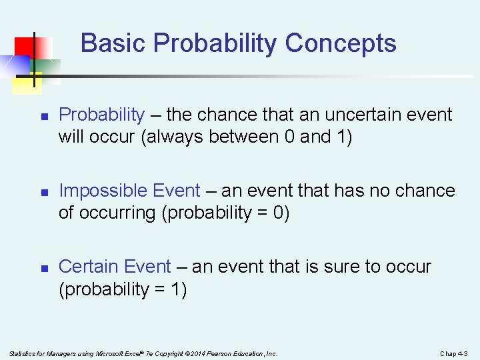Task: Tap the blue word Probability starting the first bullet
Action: click(x=101, y=115)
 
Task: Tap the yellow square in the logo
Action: click(x=24, y=83)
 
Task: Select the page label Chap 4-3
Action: click(x=454, y=353)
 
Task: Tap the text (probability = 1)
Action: click(x=123, y=289)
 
